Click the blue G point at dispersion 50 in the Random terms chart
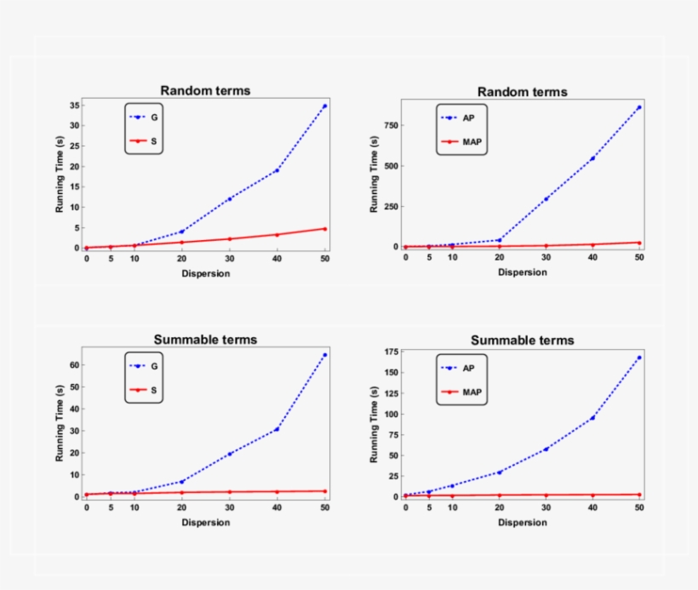[x=325, y=106]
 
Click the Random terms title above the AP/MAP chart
[x=522, y=92]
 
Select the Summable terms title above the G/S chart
[x=205, y=340]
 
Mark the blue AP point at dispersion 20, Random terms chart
[x=499, y=240]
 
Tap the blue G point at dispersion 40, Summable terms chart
[x=277, y=429]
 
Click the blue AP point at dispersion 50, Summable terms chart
[x=639, y=358]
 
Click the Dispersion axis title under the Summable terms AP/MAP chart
[x=523, y=522]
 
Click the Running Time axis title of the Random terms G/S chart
[x=60, y=176]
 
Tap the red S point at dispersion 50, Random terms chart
[x=325, y=228]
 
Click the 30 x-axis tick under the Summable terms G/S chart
[x=229, y=507]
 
